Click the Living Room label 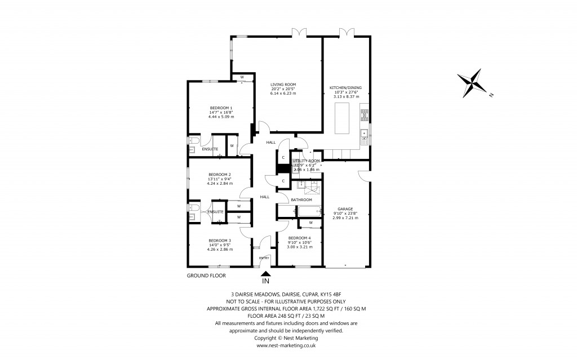pyautogui.click(x=283, y=85)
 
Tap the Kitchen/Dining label pyautogui.click(x=346, y=87)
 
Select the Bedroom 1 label pyautogui.click(x=221, y=108)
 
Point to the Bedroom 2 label pyautogui.click(x=219, y=174)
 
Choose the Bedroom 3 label pyautogui.click(x=219, y=240)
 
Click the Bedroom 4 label pyautogui.click(x=299, y=238)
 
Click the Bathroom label pyautogui.click(x=301, y=199)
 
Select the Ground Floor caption pyautogui.click(x=206, y=276)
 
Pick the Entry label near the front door pyautogui.click(x=264, y=258)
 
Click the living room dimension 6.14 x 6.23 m pyautogui.click(x=283, y=94)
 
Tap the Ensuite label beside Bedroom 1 pyautogui.click(x=210, y=149)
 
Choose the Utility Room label pyautogui.click(x=306, y=161)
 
